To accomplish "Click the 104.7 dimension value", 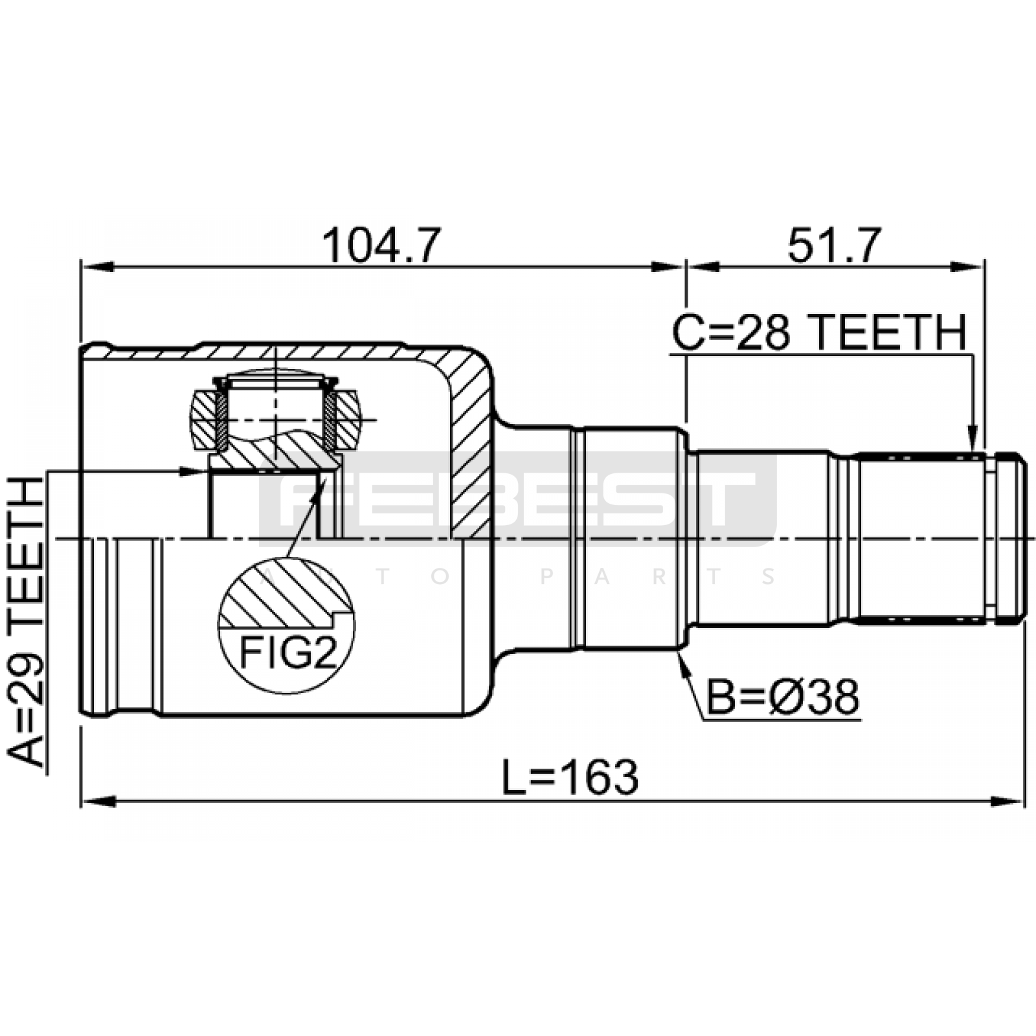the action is pyautogui.click(x=382, y=245).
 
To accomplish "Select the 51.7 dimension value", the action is pyautogui.click(x=835, y=245).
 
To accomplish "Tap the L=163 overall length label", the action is pyautogui.click(x=570, y=777).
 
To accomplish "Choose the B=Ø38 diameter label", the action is pyautogui.click(x=783, y=697).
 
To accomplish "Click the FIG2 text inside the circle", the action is pyautogui.click(x=289, y=653).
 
